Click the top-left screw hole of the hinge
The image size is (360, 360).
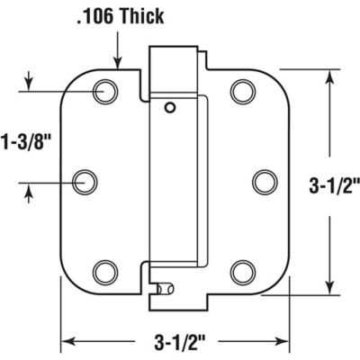[106, 90]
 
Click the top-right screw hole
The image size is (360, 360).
[242, 90]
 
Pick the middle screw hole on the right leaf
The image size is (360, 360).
[263, 180]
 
